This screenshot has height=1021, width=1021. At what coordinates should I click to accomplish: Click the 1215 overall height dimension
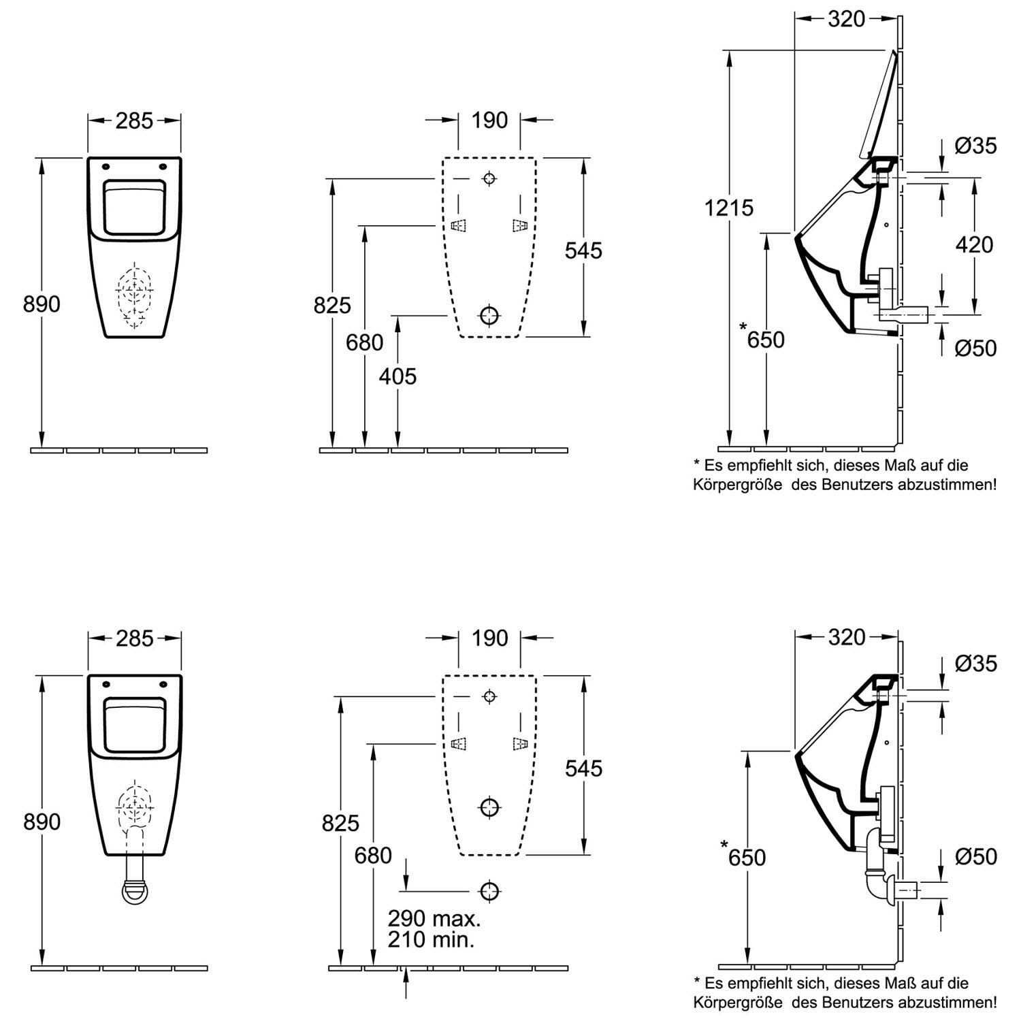pos(729,207)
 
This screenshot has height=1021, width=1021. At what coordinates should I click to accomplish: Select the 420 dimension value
pos(974,244)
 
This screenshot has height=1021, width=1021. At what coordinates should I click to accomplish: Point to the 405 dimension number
pos(398,376)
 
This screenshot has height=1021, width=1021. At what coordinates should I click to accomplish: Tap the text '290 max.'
pos(434,918)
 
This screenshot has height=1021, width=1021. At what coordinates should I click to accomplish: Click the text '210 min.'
pos(432,940)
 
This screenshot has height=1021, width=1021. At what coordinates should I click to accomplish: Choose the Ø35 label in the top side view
pos(975,146)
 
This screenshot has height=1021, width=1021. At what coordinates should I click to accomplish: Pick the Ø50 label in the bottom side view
pos(975,856)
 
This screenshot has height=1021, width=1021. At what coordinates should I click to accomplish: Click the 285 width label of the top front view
pos(134,120)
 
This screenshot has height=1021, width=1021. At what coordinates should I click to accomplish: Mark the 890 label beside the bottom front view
pos(42,822)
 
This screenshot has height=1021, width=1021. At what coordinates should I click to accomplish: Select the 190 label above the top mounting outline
pos(489,120)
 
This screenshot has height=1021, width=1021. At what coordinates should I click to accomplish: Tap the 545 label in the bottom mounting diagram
pos(583,768)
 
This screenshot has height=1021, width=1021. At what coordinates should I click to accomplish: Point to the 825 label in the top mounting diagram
pos(332,306)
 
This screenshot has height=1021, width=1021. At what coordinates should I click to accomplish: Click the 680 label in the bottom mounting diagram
pos(373,855)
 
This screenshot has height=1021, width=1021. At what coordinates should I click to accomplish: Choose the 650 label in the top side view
pos(766,339)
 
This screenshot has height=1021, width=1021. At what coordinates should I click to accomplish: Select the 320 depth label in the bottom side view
pos(847,637)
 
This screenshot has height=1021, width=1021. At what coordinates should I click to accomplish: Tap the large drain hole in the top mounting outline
pos(489,315)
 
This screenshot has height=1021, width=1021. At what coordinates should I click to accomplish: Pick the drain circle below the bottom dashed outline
pos(489,890)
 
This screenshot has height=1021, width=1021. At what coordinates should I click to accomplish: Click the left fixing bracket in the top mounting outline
pos(460,225)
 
